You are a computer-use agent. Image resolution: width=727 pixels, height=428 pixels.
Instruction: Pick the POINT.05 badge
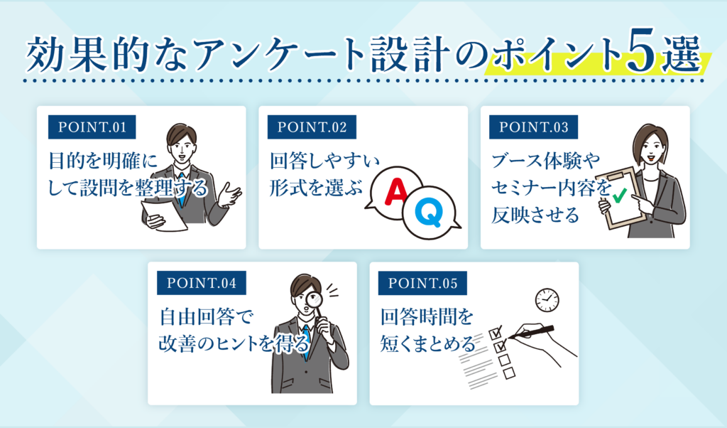click(x=423, y=283)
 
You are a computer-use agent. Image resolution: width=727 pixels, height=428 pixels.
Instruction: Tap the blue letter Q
click(x=427, y=211)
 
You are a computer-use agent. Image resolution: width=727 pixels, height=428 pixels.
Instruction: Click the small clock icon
click(x=547, y=299)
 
